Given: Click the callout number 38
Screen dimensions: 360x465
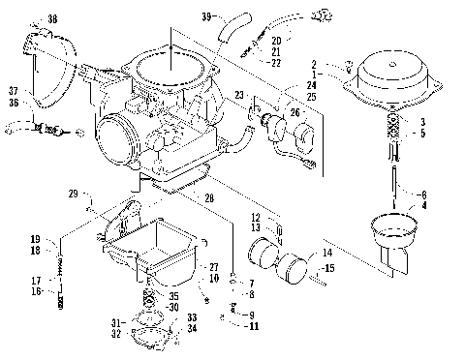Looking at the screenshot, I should pyautogui.click(x=51, y=18).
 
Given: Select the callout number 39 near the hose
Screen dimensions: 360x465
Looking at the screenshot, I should pyautogui.click(x=206, y=16).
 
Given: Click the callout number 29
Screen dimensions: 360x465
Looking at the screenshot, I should pyautogui.click(x=72, y=195).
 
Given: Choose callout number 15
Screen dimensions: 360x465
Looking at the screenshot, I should pyautogui.click(x=329, y=267).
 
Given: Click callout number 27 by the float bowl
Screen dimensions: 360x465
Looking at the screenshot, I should pyautogui.click(x=213, y=266).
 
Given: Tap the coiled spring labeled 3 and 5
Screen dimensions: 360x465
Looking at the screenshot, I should pyautogui.click(x=393, y=127).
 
